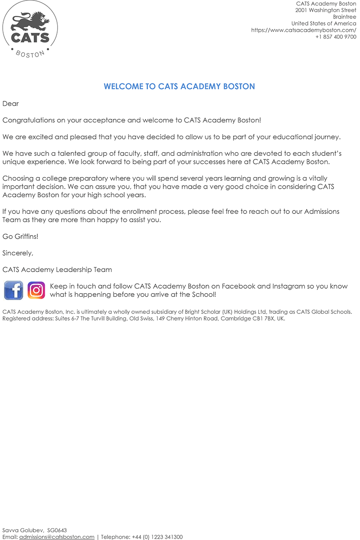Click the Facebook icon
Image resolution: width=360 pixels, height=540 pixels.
pyautogui.click(x=13, y=290)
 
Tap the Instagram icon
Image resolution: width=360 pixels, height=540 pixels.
pyautogui.click(x=36, y=290)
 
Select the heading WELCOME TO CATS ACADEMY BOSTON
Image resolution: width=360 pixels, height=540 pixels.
pyautogui.click(x=180, y=86)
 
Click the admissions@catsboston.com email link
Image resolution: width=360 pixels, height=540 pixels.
pyautogui.click(x=57, y=537)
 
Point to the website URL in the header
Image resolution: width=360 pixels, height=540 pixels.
pyautogui.click(x=304, y=30)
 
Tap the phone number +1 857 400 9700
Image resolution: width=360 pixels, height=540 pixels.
pyautogui.click(x=336, y=37)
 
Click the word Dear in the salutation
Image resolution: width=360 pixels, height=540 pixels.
pyautogui.click(x=11, y=104)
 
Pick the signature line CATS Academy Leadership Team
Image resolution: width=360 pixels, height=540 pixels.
pyautogui.click(x=57, y=270)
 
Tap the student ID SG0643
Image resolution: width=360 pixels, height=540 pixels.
pyautogui.click(x=57, y=530)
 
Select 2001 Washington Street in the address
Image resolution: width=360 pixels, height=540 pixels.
pyautogui.click(x=326, y=10)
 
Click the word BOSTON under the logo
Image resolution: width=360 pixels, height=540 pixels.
pyautogui.click(x=30, y=54)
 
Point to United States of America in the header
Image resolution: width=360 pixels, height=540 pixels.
pyautogui.click(x=324, y=23)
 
